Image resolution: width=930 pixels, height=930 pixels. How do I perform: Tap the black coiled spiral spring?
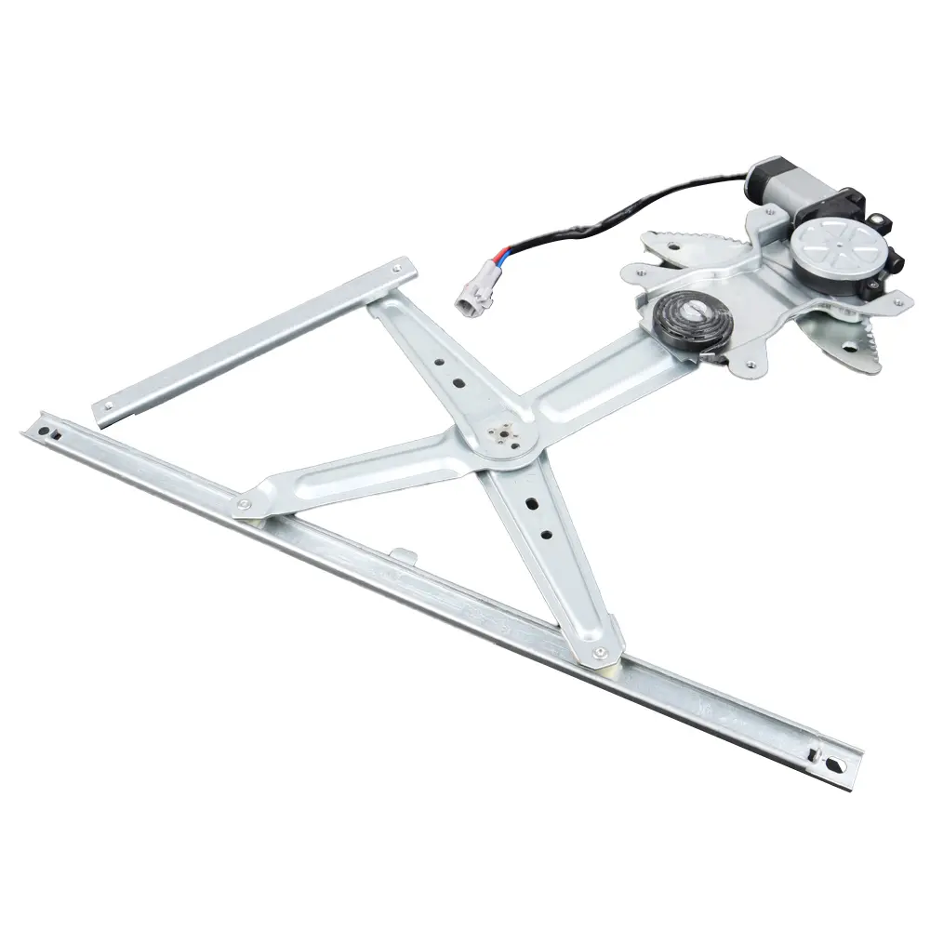(693, 324)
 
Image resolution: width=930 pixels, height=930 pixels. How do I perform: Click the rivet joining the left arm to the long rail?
(244, 505)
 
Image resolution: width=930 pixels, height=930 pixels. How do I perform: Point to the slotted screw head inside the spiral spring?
(693, 319)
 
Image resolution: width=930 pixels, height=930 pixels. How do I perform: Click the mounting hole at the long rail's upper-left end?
(42, 428)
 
